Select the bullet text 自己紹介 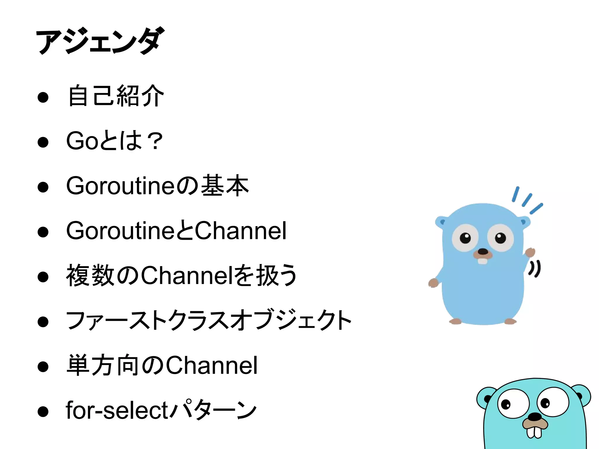pyautogui.click(x=116, y=96)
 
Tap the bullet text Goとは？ pyautogui.click(x=114, y=141)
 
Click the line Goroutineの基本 pyautogui.click(x=157, y=186)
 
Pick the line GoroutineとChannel pyautogui.click(x=176, y=231)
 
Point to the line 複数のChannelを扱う pyautogui.click(x=181, y=275)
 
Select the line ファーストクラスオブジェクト pyautogui.click(x=209, y=320)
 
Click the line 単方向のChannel pyautogui.click(x=162, y=365)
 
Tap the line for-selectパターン pyautogui.click(x=161, y=410)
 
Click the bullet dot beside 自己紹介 pyautogui.click(x=43, y=97)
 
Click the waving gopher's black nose pyautogui.click(x=483, y=252)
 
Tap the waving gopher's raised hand pyautogui.click(x=530, y=252)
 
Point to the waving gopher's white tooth pyautogui.click(x=482, y=261)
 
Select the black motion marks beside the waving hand pyautogui.click(x=535, y=269)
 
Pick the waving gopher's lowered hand pyautogui.click(x=433, y=283)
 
